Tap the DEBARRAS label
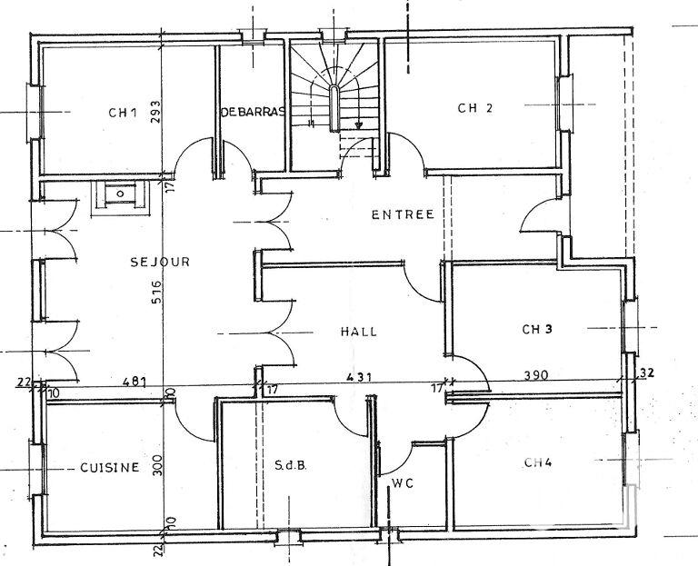point(253,112)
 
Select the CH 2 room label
point(474,108)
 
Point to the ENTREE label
point(403,215)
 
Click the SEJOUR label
point(159,262)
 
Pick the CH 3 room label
point(537,329)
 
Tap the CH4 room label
point(538,462)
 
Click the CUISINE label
point(109,468)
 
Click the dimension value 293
point(155,111)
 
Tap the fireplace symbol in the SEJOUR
point(119,195)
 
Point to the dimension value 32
point(646,372)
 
